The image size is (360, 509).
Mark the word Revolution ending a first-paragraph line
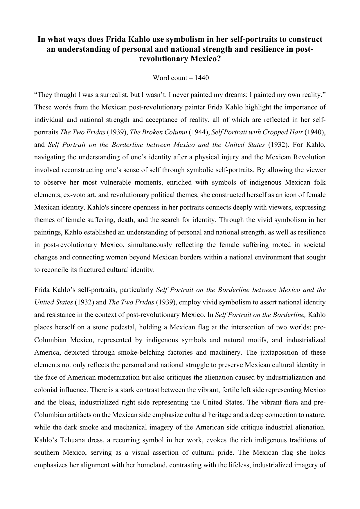coord(309,157)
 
